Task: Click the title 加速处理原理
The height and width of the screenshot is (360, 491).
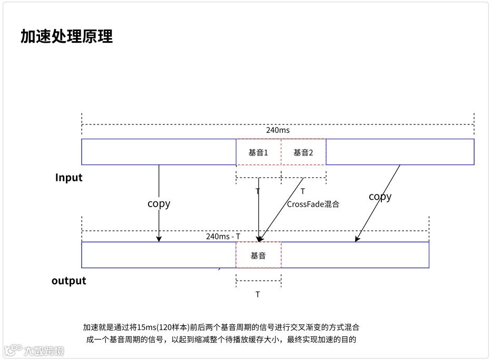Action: click(66, 36)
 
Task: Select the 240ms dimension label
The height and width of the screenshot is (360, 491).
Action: click(278, 130)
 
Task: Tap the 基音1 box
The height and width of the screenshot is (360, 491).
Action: click(258, 152)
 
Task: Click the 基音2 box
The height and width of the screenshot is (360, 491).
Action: click(303, 152)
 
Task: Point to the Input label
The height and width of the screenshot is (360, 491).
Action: click(69, 178)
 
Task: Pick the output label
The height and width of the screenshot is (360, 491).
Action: click(69, 280)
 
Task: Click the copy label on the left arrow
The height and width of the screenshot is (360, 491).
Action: click(159, 203)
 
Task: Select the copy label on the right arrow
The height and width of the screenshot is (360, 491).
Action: click(380, 197)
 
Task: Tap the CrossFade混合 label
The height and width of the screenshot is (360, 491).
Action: click(313, 204)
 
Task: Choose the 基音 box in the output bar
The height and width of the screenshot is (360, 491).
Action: click(258, 256)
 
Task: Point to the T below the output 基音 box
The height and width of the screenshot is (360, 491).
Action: click(258, 295)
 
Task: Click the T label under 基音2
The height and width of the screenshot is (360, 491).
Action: click(303, 191)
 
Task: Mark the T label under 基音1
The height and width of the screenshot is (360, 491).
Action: click(258, 191)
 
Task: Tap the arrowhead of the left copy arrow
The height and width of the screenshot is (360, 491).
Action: click(159, 239)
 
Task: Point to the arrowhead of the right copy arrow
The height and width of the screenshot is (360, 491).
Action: click(357, 239)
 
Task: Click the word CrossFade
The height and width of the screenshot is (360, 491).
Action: click(302, 204)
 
